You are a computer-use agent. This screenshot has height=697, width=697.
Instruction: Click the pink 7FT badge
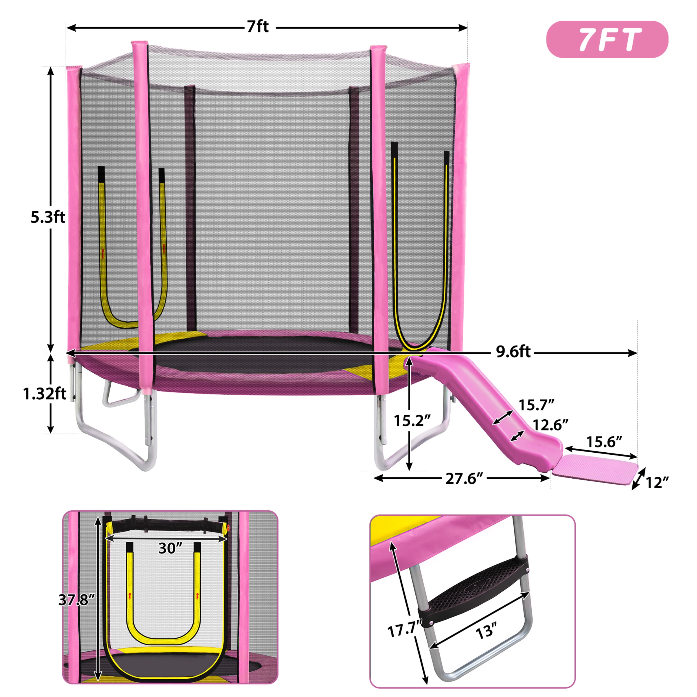pyautogui.click(x=607, y=39)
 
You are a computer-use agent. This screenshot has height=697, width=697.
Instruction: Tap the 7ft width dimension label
pyautogui.click(x=258, y=27)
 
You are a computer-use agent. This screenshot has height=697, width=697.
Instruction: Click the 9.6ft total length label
pyautogui.click(x=513, y=352)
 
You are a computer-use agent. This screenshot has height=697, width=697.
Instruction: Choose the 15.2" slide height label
pyautogui.click(x=412, y=421)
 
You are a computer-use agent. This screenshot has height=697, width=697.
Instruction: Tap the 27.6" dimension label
pyautogui.click(x=464, y=479)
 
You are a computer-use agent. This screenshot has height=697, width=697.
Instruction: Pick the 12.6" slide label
pyautogui.click(x=551, y=425)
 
